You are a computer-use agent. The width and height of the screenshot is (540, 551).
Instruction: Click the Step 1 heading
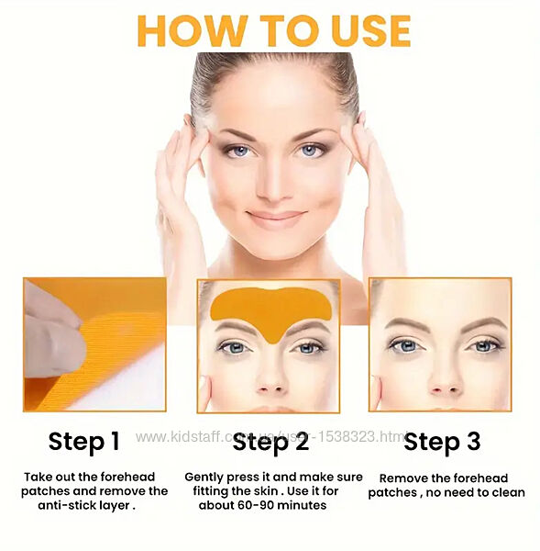click(x=84, y=442)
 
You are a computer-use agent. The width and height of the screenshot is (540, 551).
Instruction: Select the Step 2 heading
click(x=270, y=442)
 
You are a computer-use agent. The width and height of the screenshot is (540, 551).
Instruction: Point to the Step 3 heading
click(x=442, y=442)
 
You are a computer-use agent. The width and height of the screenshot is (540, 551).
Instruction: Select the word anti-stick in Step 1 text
click(x=63, y=505)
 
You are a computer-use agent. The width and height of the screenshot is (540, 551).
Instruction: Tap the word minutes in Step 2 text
click(x=303, y=505)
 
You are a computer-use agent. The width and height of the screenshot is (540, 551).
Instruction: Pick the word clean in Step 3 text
click(x=509, y=492)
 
